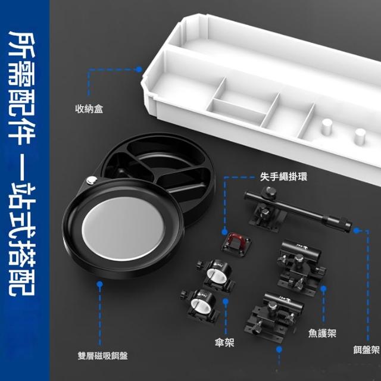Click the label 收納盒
[89, 108]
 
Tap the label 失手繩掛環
[283, 176]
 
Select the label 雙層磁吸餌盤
[103, 356]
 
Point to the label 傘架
[224, 343]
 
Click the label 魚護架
[322, 333]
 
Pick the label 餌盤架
[367, 350]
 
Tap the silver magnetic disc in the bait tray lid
[123, 229]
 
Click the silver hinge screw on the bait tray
[92, 180]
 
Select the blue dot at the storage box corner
[139, 70]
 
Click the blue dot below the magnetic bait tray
[99, 284]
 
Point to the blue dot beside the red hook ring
[225, 232]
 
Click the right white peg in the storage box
[360, 136]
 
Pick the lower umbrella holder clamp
[201, 305]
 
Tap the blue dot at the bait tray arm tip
[356, 230]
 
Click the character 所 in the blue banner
[22, 43]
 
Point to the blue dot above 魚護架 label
[323, 289]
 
